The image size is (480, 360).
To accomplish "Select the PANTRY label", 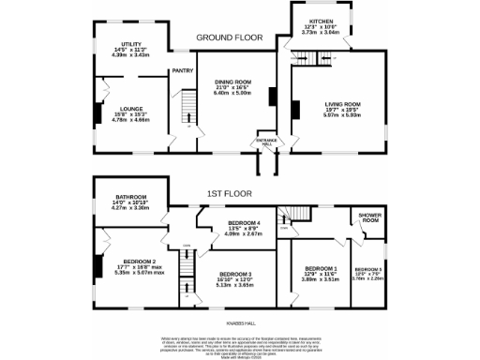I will (182, 70).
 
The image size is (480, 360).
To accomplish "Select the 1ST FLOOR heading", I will (228, 195).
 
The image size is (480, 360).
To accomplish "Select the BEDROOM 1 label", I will (322, 243).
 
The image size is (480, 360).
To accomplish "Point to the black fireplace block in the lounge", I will (97, 113).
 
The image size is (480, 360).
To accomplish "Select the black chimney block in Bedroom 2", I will (96, 266).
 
